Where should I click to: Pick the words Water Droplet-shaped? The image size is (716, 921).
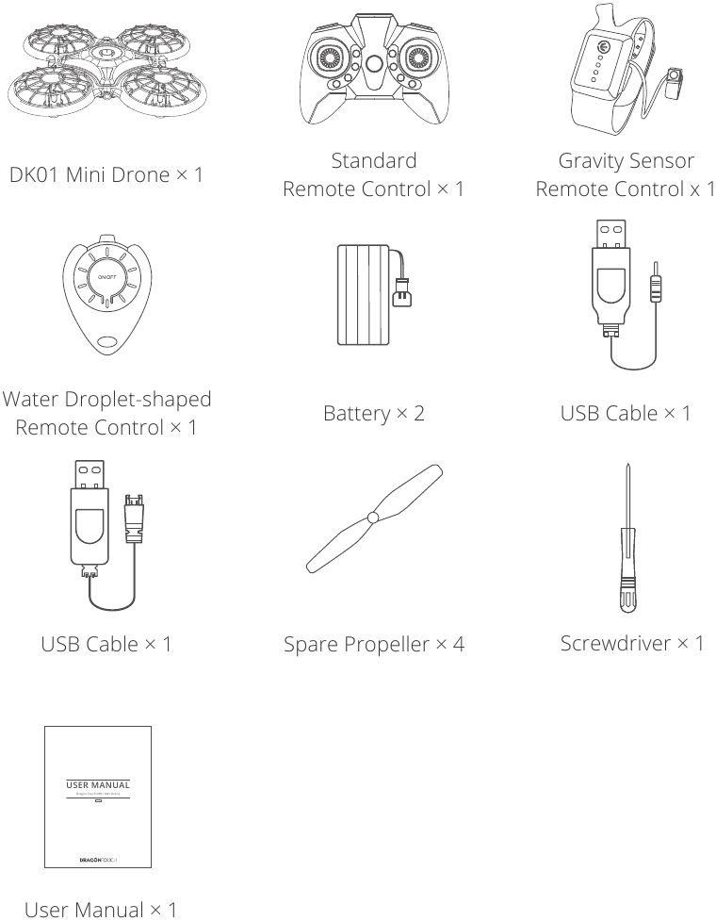[107, 399]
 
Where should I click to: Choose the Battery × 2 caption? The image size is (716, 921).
[374, 412]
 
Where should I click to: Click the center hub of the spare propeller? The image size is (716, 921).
[373, 518]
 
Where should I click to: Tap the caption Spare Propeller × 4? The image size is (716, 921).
[374, 646]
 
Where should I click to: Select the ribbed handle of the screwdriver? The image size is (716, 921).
[626, 586]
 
